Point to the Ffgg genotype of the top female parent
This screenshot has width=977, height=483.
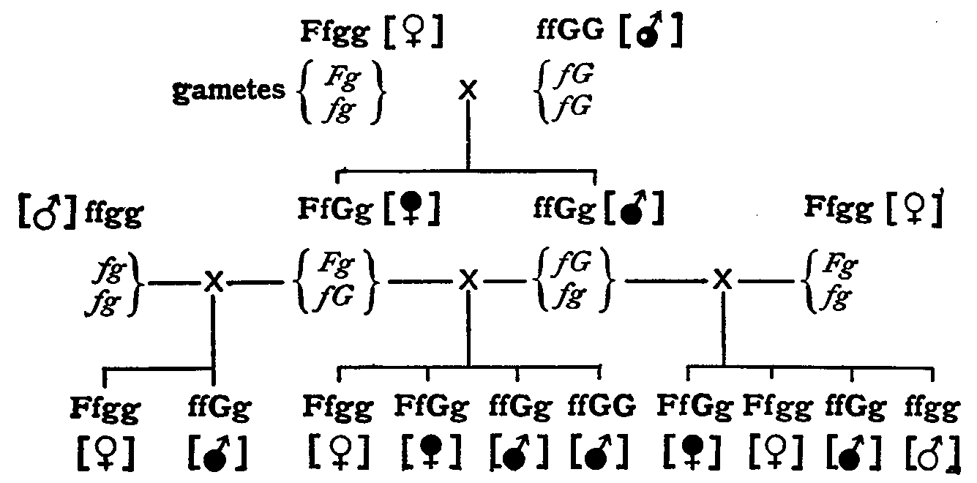point(334,34)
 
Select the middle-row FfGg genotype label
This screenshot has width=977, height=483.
point(336,209)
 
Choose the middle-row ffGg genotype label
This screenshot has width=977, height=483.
point(564,209)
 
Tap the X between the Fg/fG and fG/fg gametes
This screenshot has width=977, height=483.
point(468,280)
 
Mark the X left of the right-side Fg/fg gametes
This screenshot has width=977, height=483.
point(723,279)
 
